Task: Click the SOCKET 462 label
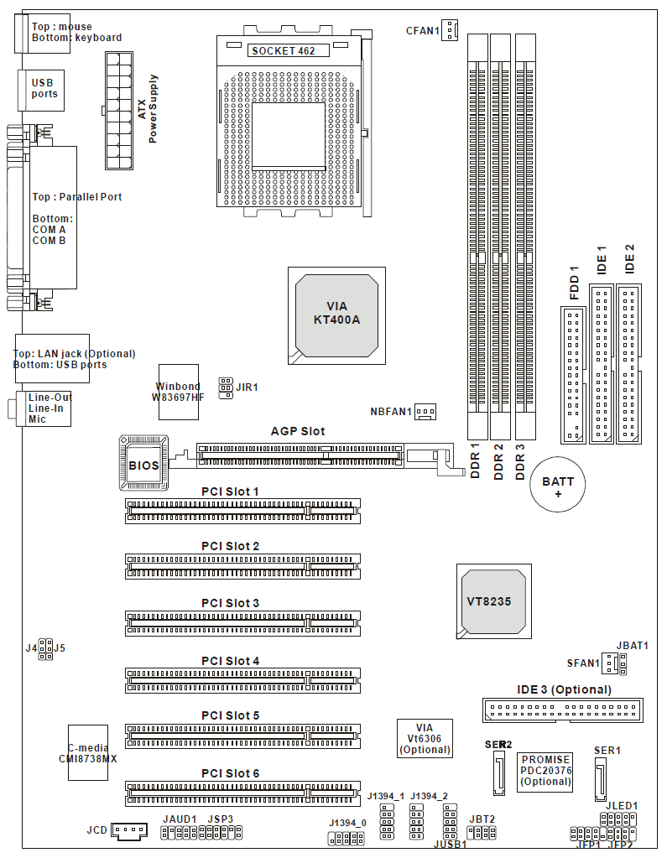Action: pos(283,50)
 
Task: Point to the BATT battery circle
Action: pos(558,487)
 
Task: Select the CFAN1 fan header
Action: pos(451,31)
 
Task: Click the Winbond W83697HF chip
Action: pos(178,391)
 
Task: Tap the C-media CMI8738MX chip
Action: pos(88,752)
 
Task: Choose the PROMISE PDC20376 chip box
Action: pos(545,771)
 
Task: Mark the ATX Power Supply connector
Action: pos(118,110)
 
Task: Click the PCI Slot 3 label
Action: pos(230,603)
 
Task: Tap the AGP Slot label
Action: pos(298,431)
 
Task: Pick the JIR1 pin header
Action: pos(225,387)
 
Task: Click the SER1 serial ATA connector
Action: pos(601,780)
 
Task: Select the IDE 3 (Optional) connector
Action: pos(560,710)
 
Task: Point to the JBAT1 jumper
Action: pos(623,664)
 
